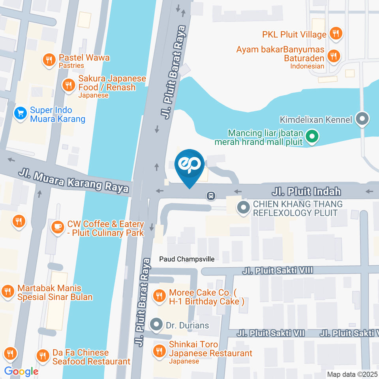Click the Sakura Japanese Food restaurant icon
(x=69, y=84)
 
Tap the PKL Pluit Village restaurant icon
(x=336, y=34)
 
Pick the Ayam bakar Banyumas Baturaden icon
(x=334, y=56)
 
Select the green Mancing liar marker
(x=312, y=137)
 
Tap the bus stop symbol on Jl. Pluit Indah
(x=212, y=195)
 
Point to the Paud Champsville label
(x=187, y=259)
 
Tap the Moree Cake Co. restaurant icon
(x=159, y=296)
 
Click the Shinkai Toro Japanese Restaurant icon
(x=159, y=350)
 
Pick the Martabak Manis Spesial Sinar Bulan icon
(x=7, y=292)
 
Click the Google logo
(x=21, y=371)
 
